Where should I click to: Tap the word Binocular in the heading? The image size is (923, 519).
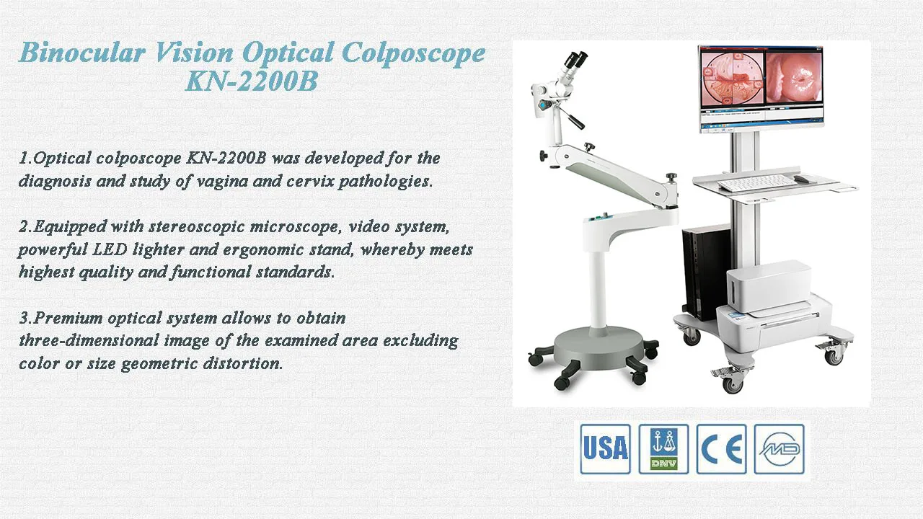click(x=82, y=53)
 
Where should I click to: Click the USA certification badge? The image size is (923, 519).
click(x=605, y=449)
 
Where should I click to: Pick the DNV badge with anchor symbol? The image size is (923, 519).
click(x=663, y=449)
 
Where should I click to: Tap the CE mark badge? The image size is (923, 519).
click(x=721, y=449)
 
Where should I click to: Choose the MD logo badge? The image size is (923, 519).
click(x=780, y=449)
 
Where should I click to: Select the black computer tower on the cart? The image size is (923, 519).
click(x=705, y=272)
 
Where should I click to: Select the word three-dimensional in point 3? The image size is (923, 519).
click(x=89, y=340)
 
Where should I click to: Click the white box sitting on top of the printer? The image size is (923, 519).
click(x=769, y=286)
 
